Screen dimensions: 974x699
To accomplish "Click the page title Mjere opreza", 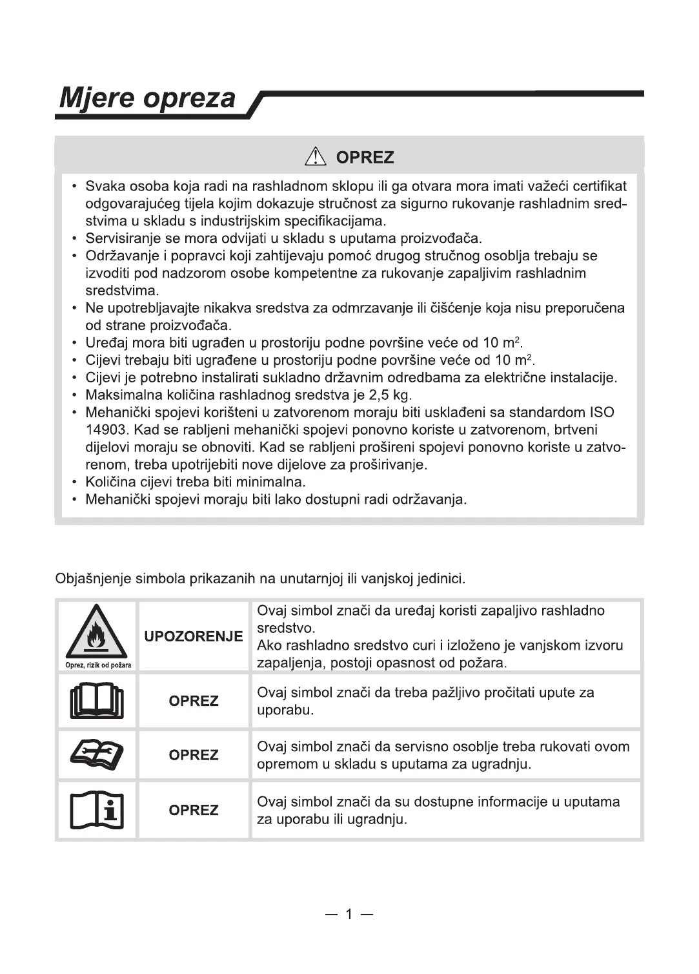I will click(x=147, y=98).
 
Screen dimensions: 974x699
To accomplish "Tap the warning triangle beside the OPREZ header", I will click(x=316, y=157).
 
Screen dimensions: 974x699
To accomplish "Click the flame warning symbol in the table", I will click(x=97, y=631).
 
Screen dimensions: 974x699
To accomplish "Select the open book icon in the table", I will click(x=97, y=701).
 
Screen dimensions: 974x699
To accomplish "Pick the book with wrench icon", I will click(x=97, y=755).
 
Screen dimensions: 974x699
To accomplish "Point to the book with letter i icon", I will click(x=97, y=810).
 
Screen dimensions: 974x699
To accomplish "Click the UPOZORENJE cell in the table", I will click(x=194, y=636).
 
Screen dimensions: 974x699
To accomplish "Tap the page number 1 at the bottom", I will click(x=349, y=914).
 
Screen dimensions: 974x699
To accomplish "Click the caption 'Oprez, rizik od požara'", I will click(x=98, y=665).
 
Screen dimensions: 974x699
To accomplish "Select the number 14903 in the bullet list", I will click(x=107, y=430).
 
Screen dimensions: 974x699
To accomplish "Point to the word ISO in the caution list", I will click(x=602, y=412).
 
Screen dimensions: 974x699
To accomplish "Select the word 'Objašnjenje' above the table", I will click(x=93, y=578).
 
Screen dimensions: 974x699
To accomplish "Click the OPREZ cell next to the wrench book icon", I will click(x=194, y=755).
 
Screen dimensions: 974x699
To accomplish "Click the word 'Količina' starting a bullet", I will click(x=111, y=482).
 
